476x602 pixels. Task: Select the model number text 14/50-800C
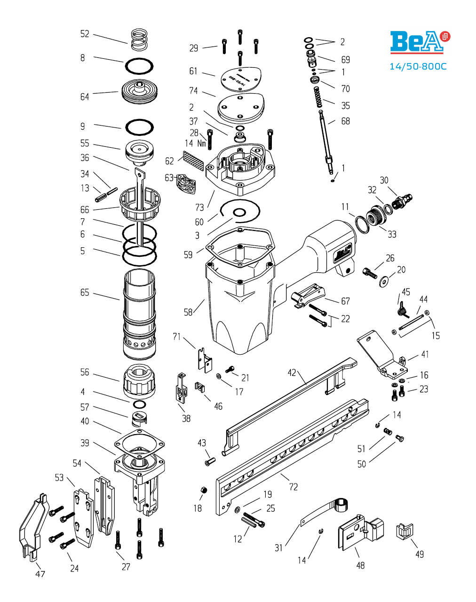418,66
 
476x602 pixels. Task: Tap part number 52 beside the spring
85,34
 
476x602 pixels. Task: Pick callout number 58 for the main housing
188,312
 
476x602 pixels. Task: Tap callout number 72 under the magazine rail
294,487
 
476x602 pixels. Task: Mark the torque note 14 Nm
196,143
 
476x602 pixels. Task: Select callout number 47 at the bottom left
40,574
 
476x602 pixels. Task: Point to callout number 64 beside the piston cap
85,97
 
